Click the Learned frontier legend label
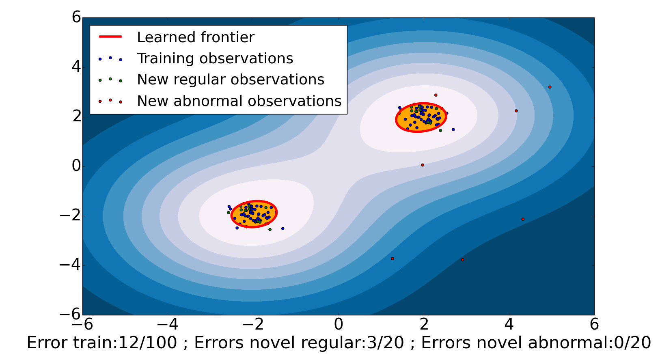(x=195, y=37)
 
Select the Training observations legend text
(x=215, y=58)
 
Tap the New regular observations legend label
(x=231, y=80)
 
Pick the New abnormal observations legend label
(x=239, y=101)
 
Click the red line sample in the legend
(x=110, y=37)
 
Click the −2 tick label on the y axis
(x=70, y=216)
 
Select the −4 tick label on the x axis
(x=168, y=324)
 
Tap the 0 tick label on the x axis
(x=339, y=324)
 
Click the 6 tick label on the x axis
(x=594, y=324)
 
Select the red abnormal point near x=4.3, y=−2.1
(x=523, y=219)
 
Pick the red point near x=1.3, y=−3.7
(x=393, y=259)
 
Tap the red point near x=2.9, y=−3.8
(x=463, y=260)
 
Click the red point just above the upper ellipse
(x=436, y=95)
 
